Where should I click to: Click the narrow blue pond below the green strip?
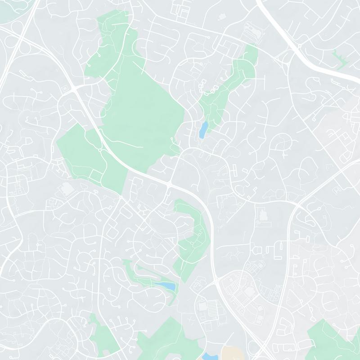203,129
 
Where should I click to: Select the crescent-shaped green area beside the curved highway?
191,238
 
